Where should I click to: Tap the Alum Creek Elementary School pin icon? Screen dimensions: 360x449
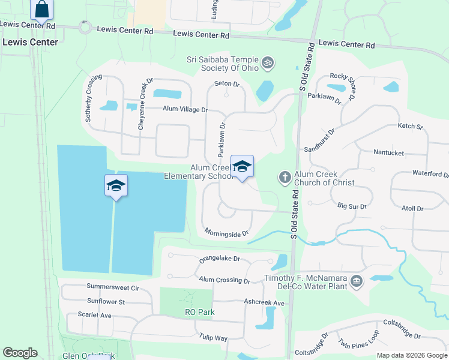242,167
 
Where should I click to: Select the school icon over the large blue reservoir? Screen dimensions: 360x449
116,185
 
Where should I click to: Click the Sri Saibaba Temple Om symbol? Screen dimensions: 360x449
268,62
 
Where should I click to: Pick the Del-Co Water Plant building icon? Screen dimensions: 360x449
356,281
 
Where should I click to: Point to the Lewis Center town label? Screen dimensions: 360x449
30,42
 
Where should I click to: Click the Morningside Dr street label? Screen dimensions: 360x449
226,232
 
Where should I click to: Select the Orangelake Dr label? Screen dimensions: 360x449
219,259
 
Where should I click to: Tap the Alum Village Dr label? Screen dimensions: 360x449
185,109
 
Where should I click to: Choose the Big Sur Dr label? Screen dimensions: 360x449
352,206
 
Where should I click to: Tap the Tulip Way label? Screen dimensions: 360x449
214,338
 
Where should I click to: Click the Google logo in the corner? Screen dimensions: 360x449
20,353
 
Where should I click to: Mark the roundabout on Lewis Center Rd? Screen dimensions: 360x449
84,27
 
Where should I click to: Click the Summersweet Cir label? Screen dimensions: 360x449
112,287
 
